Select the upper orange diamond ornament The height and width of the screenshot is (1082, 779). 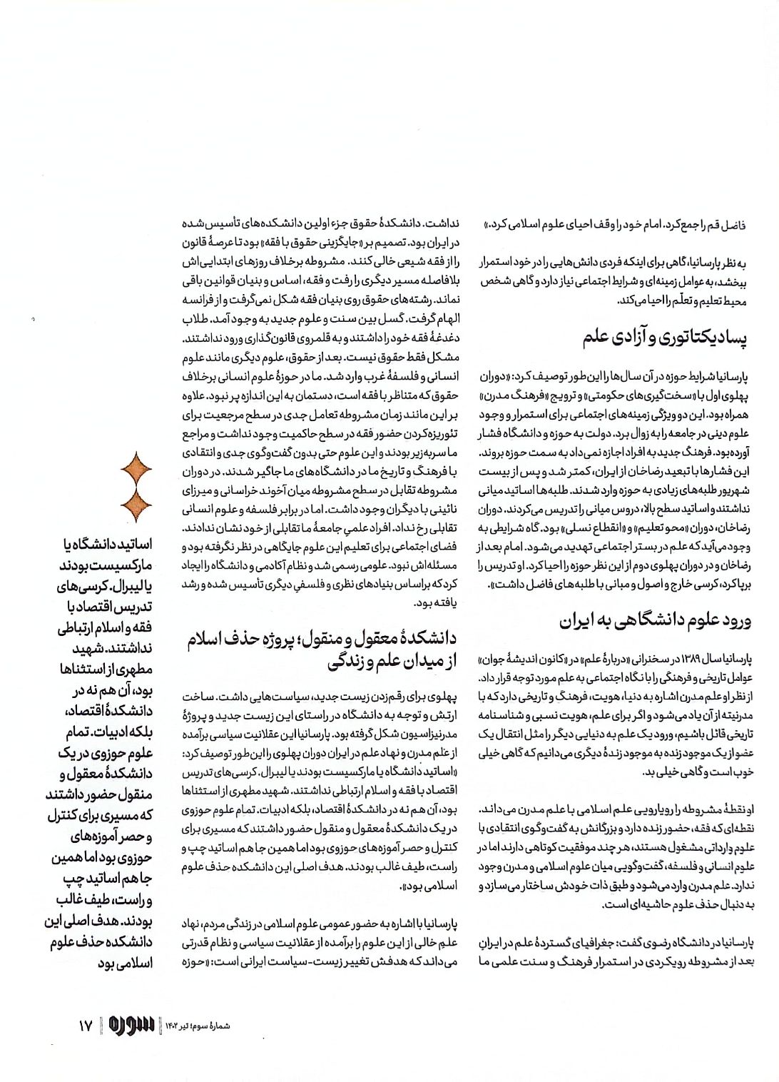[x=136, y=470]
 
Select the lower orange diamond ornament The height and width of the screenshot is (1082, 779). [x=136, y=505]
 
